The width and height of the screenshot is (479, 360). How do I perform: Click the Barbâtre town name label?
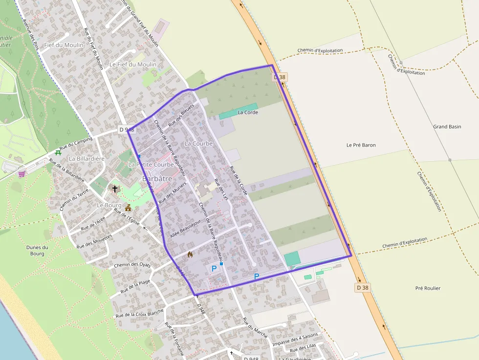click(158, 179)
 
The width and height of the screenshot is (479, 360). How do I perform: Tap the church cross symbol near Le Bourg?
click(115, 189)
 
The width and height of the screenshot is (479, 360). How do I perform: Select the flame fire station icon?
click(190, 254)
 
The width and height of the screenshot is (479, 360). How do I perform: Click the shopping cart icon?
click(22, 173)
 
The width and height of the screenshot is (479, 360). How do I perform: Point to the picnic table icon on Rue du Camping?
click(58, 152)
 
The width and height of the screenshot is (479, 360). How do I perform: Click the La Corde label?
click(247, 112)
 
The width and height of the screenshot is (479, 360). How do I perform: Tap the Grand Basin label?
click(447, 127)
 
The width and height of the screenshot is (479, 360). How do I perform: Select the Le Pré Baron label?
click(361, 145)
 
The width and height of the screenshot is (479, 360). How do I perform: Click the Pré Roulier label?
click(427, 288)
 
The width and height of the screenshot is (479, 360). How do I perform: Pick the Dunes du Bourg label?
click(37, 250)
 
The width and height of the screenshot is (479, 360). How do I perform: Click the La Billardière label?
click(87, 159)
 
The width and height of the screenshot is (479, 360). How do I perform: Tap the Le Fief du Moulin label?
click(133, 64)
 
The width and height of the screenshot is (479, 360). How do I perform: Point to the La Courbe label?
click(199, 144)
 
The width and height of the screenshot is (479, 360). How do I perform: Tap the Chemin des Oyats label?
click(132, 265)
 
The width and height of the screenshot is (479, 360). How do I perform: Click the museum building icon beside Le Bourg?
click(128, 208)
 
